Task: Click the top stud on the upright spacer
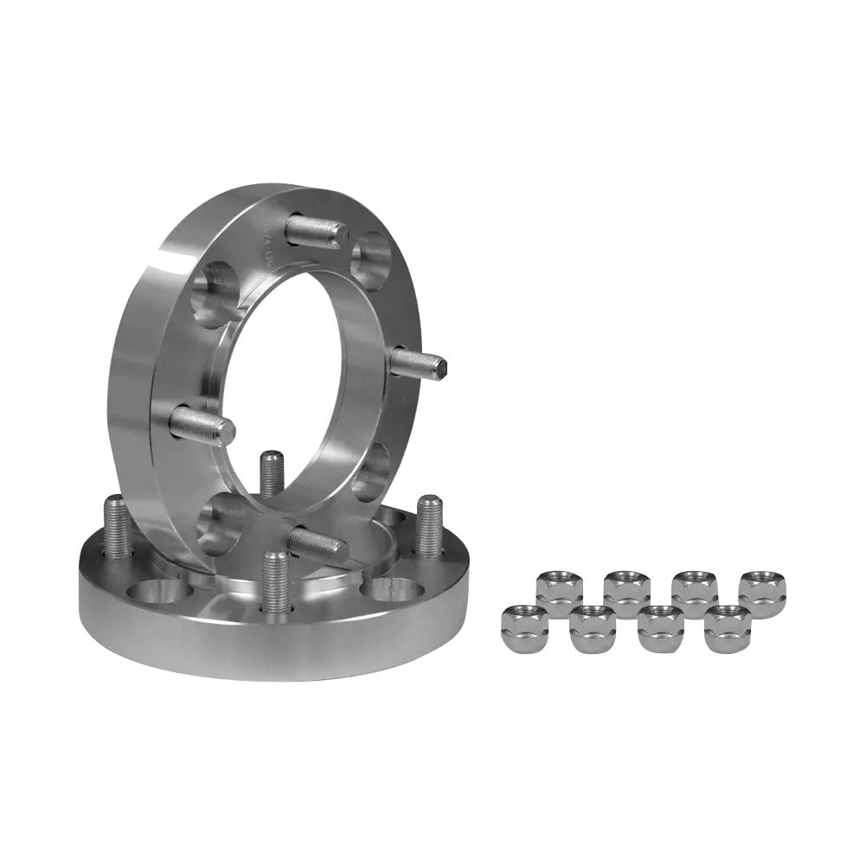coord(316,231)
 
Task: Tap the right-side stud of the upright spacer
coord(417,362)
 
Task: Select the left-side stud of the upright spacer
coord(202,425)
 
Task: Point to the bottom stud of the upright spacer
coord(318,543)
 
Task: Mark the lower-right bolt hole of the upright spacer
coord(370,471)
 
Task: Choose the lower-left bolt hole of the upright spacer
coord(218,526)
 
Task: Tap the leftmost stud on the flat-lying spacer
coord(118,526)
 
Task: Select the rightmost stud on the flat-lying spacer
coord(429,525)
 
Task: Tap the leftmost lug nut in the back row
coord(559,593)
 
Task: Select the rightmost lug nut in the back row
coord(762,593)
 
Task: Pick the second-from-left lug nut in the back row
coord(626,593)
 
